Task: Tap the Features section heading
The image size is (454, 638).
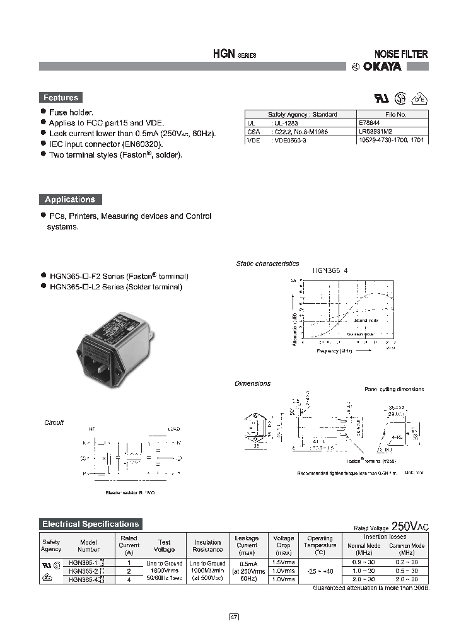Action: (61, 98)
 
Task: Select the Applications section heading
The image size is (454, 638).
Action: (69, 199)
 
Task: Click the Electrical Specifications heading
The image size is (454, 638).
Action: (90, 524)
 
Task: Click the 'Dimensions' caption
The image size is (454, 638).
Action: (252, 383)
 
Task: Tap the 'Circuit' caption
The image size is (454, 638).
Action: (54, 422)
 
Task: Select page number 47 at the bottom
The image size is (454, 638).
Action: (233, 618)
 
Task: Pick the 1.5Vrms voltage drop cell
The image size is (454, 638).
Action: (284, 562)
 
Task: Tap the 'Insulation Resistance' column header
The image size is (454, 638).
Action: (207, 545)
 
